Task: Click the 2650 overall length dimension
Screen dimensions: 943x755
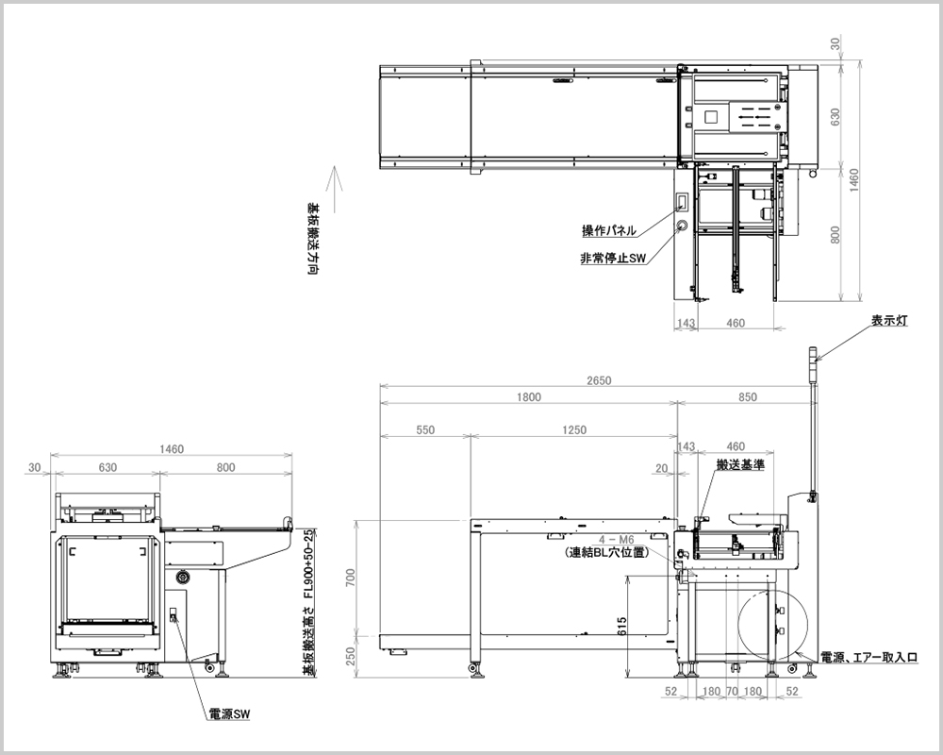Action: tap(599, 380)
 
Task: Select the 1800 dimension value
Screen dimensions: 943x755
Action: tap(529, 396)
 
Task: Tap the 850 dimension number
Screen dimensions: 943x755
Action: tap(748, 396)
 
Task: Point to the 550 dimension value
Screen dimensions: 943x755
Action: tap(424, 430)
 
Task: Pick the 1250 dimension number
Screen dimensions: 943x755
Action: tap(574, 430)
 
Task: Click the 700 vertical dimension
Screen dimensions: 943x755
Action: tap(352, 577)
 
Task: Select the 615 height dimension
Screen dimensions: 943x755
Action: tap(621, 626)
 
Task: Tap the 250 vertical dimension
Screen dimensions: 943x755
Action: tap(352, 656)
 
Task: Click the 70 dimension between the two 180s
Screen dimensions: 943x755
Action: tap(732, 692)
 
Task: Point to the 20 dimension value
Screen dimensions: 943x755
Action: tap(662, 468)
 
